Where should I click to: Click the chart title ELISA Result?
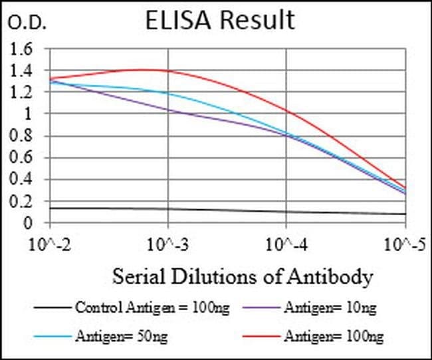click(220, 20)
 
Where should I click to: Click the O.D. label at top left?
click(27, 24)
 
